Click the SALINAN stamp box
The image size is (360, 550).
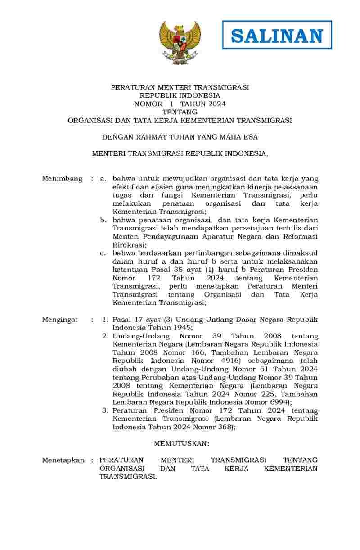point(277,35)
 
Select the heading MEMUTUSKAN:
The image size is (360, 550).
point(182,444)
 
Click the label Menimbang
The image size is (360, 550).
point(62,179)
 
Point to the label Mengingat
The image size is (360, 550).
point(60,320)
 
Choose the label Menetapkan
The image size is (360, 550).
point(63,460)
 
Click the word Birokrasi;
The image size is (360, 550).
point(130,245)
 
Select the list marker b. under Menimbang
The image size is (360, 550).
point(103,220)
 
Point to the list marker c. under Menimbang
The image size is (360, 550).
point(103,253)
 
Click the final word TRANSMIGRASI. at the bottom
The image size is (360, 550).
point(128,477)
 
